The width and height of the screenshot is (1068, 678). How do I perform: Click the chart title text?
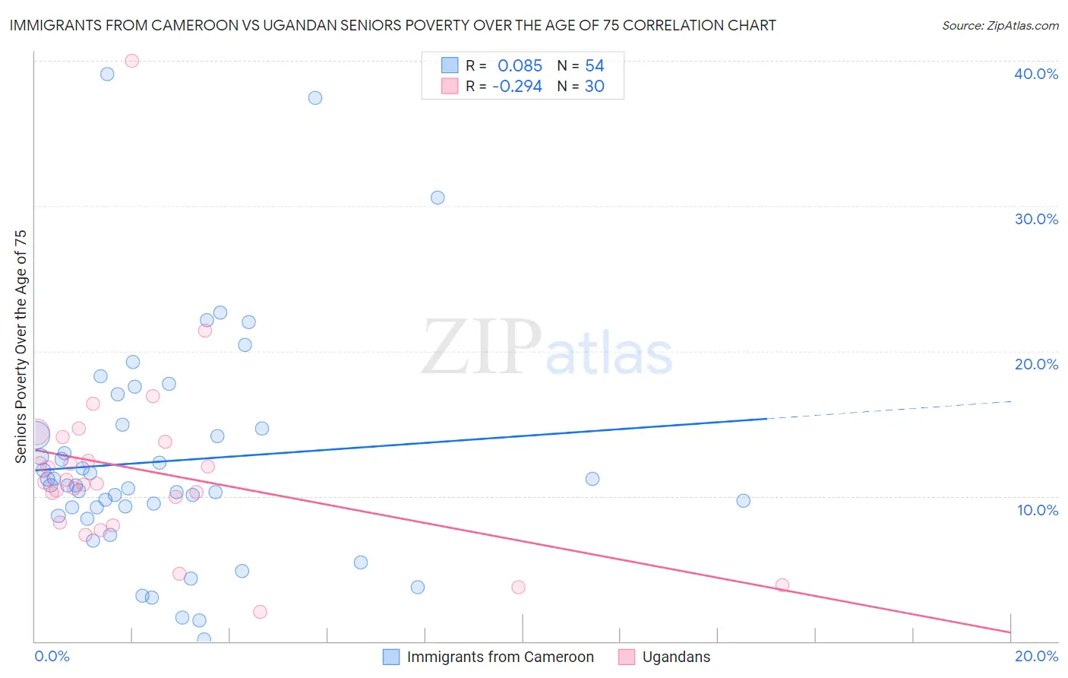point(393,25)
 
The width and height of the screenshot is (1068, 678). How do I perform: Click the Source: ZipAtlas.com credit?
point(1000,25)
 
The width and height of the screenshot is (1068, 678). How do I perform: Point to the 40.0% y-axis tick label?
point(1035,74)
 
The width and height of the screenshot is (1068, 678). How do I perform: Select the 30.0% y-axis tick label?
point(1035,219)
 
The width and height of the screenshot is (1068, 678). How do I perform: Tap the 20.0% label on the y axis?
point(1035,364)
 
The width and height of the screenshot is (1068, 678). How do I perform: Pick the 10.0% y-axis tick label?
point(1037,510)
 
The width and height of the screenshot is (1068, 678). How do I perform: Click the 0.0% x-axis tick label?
point(52,656)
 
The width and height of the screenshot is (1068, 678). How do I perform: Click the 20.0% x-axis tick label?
point(1036,656)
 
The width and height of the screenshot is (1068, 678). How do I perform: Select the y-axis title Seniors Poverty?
point(21,346)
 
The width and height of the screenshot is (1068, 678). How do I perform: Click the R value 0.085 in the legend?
point(520,66)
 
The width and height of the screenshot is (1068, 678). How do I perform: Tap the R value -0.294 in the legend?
point(517,87)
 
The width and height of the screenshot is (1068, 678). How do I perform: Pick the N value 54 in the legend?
point(594,66)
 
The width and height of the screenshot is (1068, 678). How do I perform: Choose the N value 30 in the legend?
point(594,87)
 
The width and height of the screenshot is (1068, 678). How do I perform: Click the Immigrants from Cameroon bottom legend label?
point(500,657)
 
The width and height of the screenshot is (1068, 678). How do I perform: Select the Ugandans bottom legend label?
point(676,657)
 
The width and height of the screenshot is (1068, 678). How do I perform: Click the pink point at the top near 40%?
point(131,61)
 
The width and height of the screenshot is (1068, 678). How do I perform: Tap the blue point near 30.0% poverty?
point(438,198)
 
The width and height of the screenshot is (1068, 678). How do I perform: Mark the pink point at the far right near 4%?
point(782,585)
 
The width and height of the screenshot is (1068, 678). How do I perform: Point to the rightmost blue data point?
point(744,501)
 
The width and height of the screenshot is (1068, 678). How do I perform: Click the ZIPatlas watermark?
point(547,349)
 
